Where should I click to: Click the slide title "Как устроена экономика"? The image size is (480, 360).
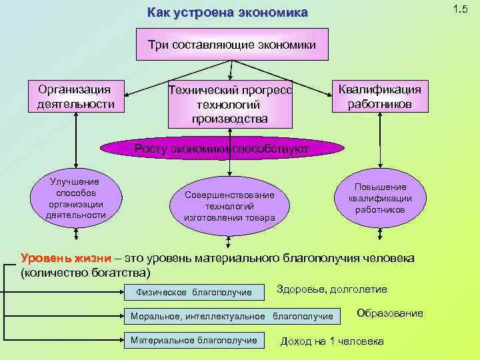(x=227, y=13)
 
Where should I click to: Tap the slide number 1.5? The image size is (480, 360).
(x=459, y=9)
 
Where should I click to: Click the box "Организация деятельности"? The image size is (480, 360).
(x=76, y=97)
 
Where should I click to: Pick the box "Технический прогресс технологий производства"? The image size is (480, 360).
(x=230, y=105)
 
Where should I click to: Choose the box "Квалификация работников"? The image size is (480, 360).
(x=379, y=97)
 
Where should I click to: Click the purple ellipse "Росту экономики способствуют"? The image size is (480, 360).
(x=221, y=149)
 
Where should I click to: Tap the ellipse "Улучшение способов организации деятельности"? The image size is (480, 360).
(x=75, y=198)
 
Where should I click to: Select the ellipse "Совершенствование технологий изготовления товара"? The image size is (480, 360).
(x=229, y=205)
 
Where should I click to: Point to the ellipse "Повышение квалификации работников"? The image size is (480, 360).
(x=379, y=198)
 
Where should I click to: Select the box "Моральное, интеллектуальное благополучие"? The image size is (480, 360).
(x=232, y=315)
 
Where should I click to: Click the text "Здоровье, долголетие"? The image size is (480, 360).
(x=331, y=289)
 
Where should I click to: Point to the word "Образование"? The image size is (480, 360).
(x=389, y=313)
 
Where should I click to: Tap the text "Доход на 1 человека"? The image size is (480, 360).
(x=331, y=341)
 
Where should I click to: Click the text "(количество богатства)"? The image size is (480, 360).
(x=86, y=273)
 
